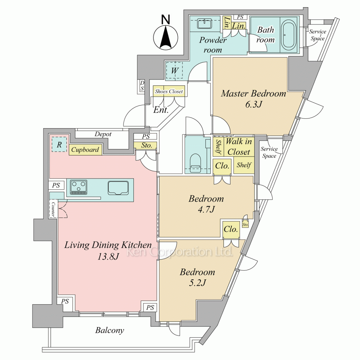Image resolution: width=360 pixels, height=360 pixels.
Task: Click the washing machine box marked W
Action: (174, 70)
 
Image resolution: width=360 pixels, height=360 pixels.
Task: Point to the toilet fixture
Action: (195, 163)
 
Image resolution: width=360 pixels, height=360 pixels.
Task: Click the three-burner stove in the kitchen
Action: (79, 187)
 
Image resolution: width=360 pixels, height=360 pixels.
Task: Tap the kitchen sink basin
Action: (118, 188)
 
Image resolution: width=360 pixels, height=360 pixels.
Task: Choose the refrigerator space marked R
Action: (59, 145)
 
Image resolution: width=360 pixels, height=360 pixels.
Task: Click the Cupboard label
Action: (85, 150)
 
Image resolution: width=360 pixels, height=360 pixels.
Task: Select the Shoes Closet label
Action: (169, 91)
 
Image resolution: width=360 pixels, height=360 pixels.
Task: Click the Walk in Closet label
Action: (239, 147)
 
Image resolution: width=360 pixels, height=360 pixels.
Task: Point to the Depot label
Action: (103, 134)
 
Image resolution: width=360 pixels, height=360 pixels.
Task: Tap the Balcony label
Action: (110, 330)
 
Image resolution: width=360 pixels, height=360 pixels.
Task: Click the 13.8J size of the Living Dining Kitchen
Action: (108, 256)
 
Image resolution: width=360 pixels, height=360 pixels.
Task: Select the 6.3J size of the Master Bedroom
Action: (253, 104)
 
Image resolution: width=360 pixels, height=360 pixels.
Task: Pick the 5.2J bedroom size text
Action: (197, 283)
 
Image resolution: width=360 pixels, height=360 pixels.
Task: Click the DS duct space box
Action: (142, 85)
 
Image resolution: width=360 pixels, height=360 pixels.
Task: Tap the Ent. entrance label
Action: (161, 110)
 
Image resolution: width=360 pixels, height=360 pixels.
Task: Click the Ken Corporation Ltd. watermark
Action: (180, 252)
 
